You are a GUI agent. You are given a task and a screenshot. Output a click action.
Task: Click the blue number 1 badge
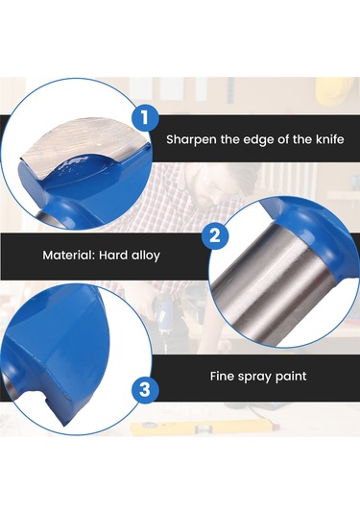click(x=145, y=117)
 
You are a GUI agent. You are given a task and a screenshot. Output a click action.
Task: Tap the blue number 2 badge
click(x=215, y=235)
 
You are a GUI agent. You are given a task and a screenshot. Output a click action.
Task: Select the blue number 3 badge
click(x=145, y=390)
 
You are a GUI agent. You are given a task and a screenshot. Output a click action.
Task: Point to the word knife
click(x=330, y=139)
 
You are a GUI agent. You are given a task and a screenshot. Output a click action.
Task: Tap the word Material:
click(x=69, y=255)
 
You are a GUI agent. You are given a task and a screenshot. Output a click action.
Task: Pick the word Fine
click(x=222, y=376)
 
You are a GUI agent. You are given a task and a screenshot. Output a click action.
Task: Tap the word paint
click(x=291, y=377)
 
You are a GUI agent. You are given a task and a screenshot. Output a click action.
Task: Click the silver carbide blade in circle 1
click(x=81, y=141)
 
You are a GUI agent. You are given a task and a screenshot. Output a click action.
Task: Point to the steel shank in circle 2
click(x=272, y=288)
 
